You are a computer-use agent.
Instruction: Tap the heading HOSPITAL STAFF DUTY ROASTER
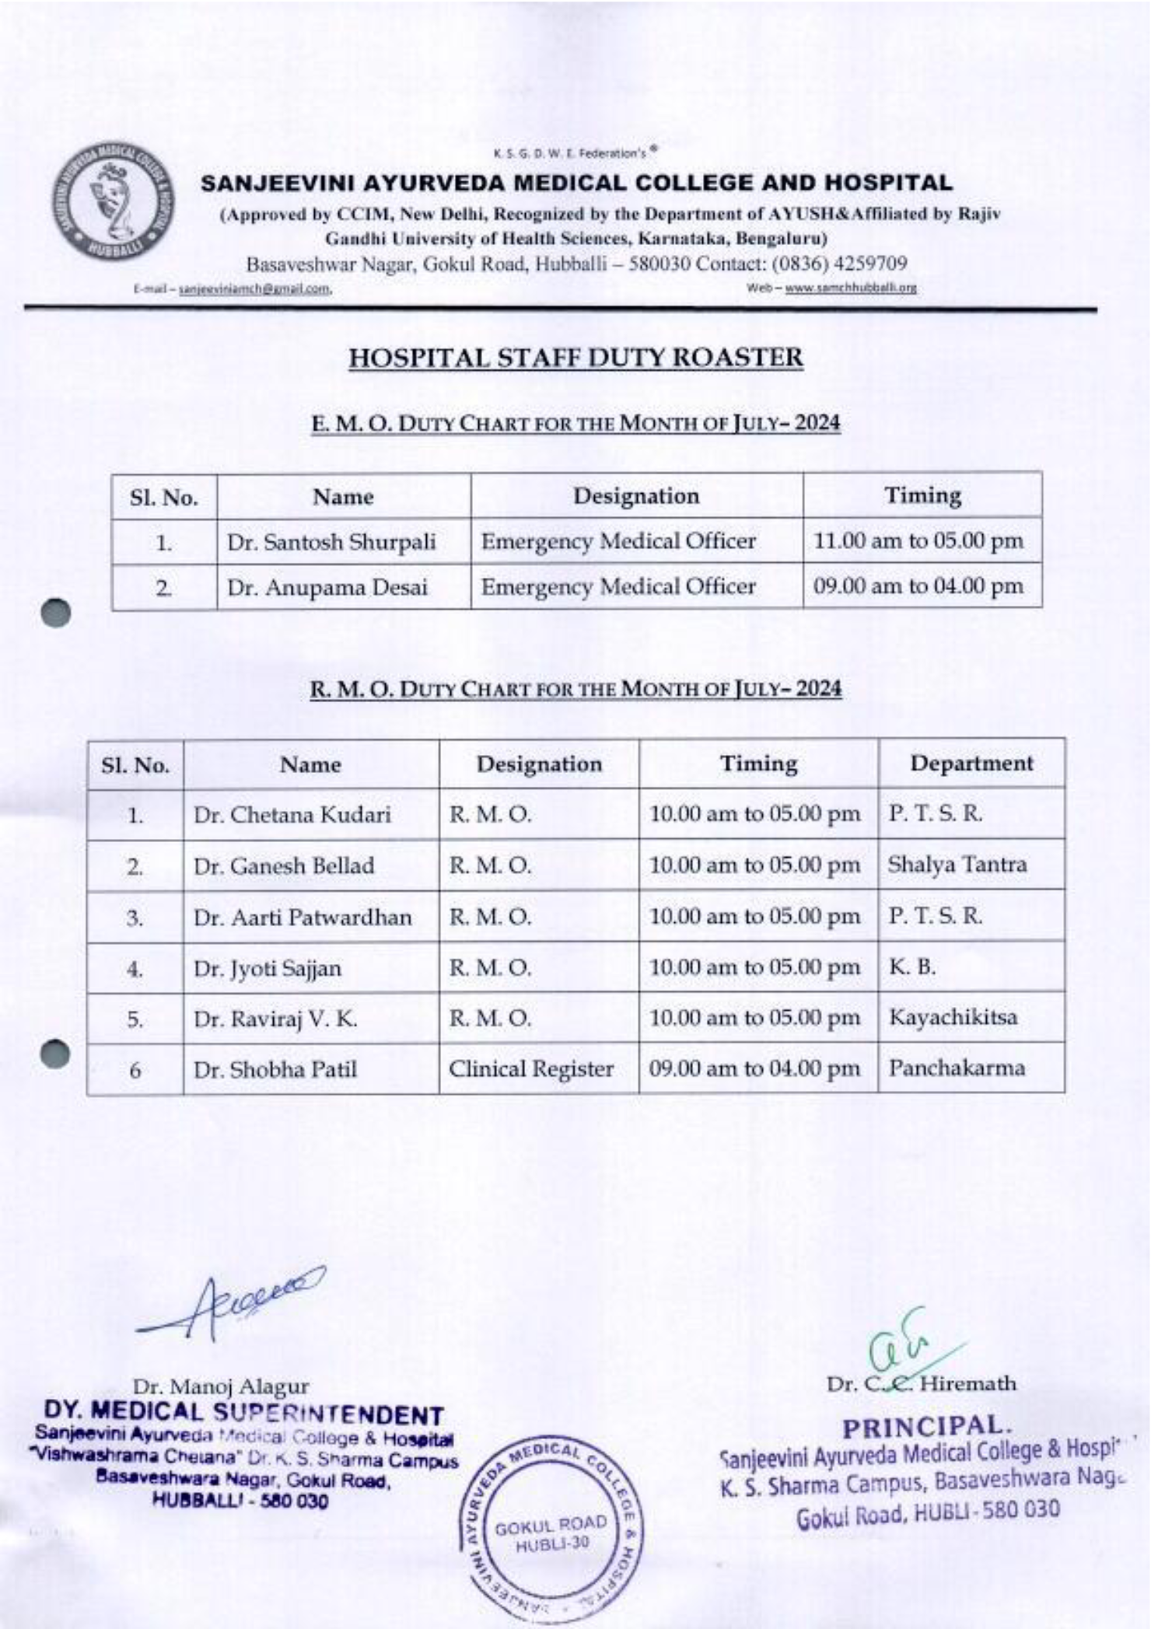[575, 358]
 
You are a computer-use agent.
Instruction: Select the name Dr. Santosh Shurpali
[331, 542]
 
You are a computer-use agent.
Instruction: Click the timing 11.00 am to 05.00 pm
[918, 541]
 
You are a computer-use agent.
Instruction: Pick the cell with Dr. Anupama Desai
[327, 587]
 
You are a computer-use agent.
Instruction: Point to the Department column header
[971, 764]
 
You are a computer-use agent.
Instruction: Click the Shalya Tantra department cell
[957, 865]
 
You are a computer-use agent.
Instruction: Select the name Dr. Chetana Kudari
[292, 815]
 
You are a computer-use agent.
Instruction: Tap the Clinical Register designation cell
[531, 1069]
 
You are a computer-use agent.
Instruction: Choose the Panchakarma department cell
[957, 1068]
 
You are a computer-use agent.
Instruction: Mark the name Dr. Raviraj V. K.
[275, 1019]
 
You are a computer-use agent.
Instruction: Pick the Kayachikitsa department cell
[953, 1017]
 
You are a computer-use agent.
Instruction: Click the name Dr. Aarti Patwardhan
[303, 918]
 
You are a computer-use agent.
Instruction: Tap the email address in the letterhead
[255, 290]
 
